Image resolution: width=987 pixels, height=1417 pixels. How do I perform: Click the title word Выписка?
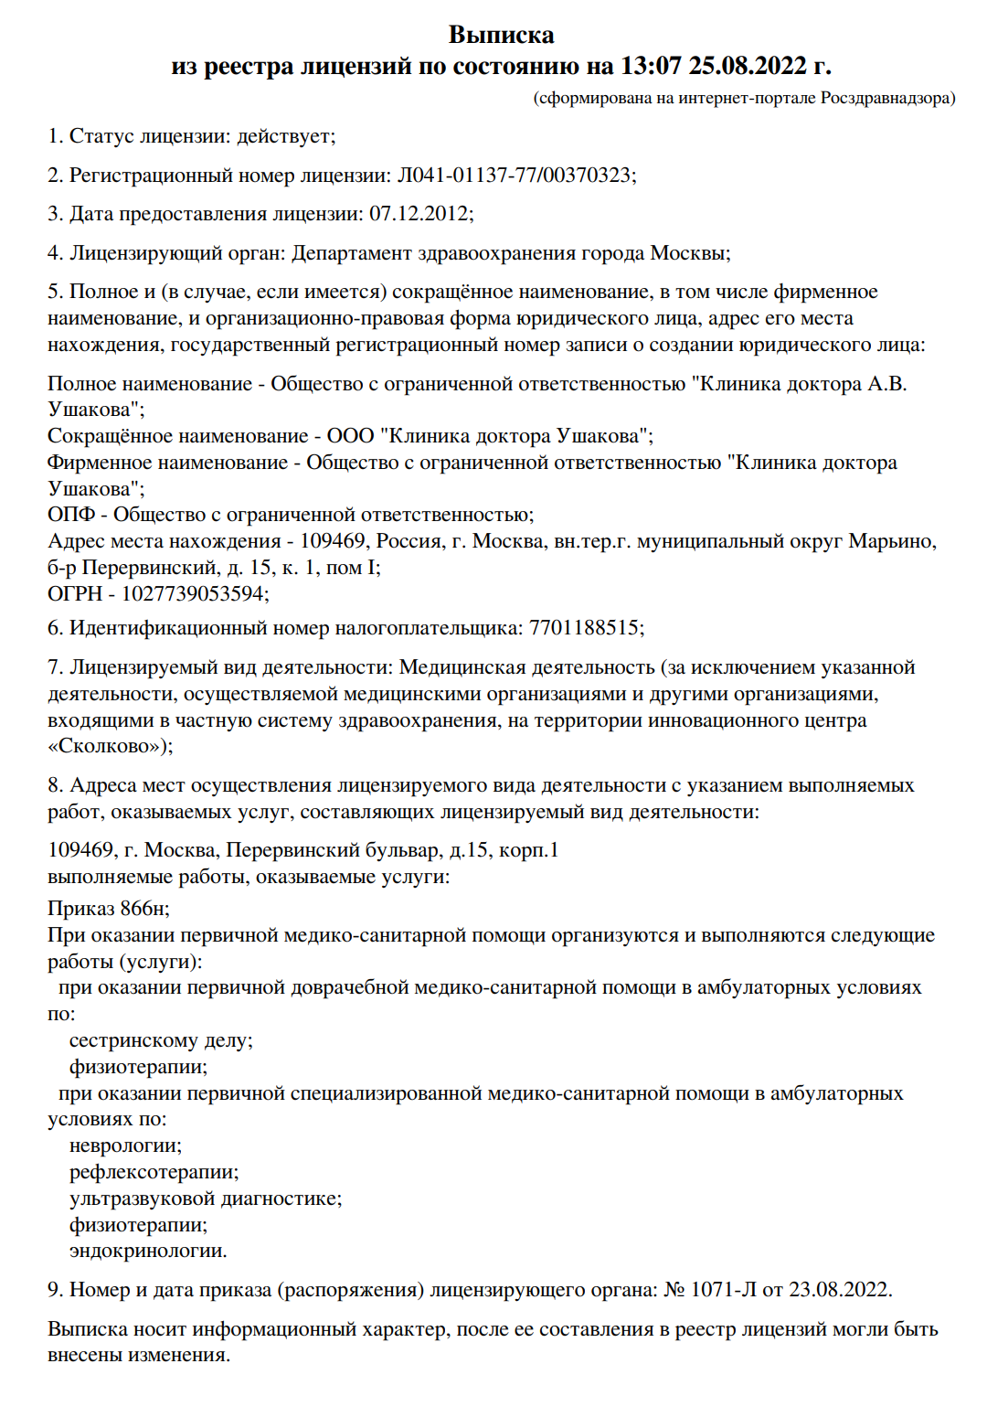click(501, 35)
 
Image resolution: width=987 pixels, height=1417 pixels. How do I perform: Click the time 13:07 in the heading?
click(651, 66)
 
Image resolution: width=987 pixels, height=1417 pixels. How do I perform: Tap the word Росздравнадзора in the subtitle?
click(886, 98)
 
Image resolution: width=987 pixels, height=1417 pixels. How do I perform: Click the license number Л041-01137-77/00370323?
click(515, 175)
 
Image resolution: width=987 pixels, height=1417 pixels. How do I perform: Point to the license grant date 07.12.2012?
click(419, 214)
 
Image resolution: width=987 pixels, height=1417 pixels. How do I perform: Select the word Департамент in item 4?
click(351, 253)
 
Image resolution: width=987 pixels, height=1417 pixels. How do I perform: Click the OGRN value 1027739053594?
click(193, 594)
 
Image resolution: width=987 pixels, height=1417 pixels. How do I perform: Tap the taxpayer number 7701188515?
click(584, 628)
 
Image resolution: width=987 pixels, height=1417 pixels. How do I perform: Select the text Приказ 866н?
click(108, 909)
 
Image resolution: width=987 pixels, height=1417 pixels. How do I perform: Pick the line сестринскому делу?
click(160, 1041)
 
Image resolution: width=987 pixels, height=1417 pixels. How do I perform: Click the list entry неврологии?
click(125, 1146)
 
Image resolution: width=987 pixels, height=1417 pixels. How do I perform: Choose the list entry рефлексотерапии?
click(153, 1173)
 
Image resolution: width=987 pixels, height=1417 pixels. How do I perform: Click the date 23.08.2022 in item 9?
click(838, 1290)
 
